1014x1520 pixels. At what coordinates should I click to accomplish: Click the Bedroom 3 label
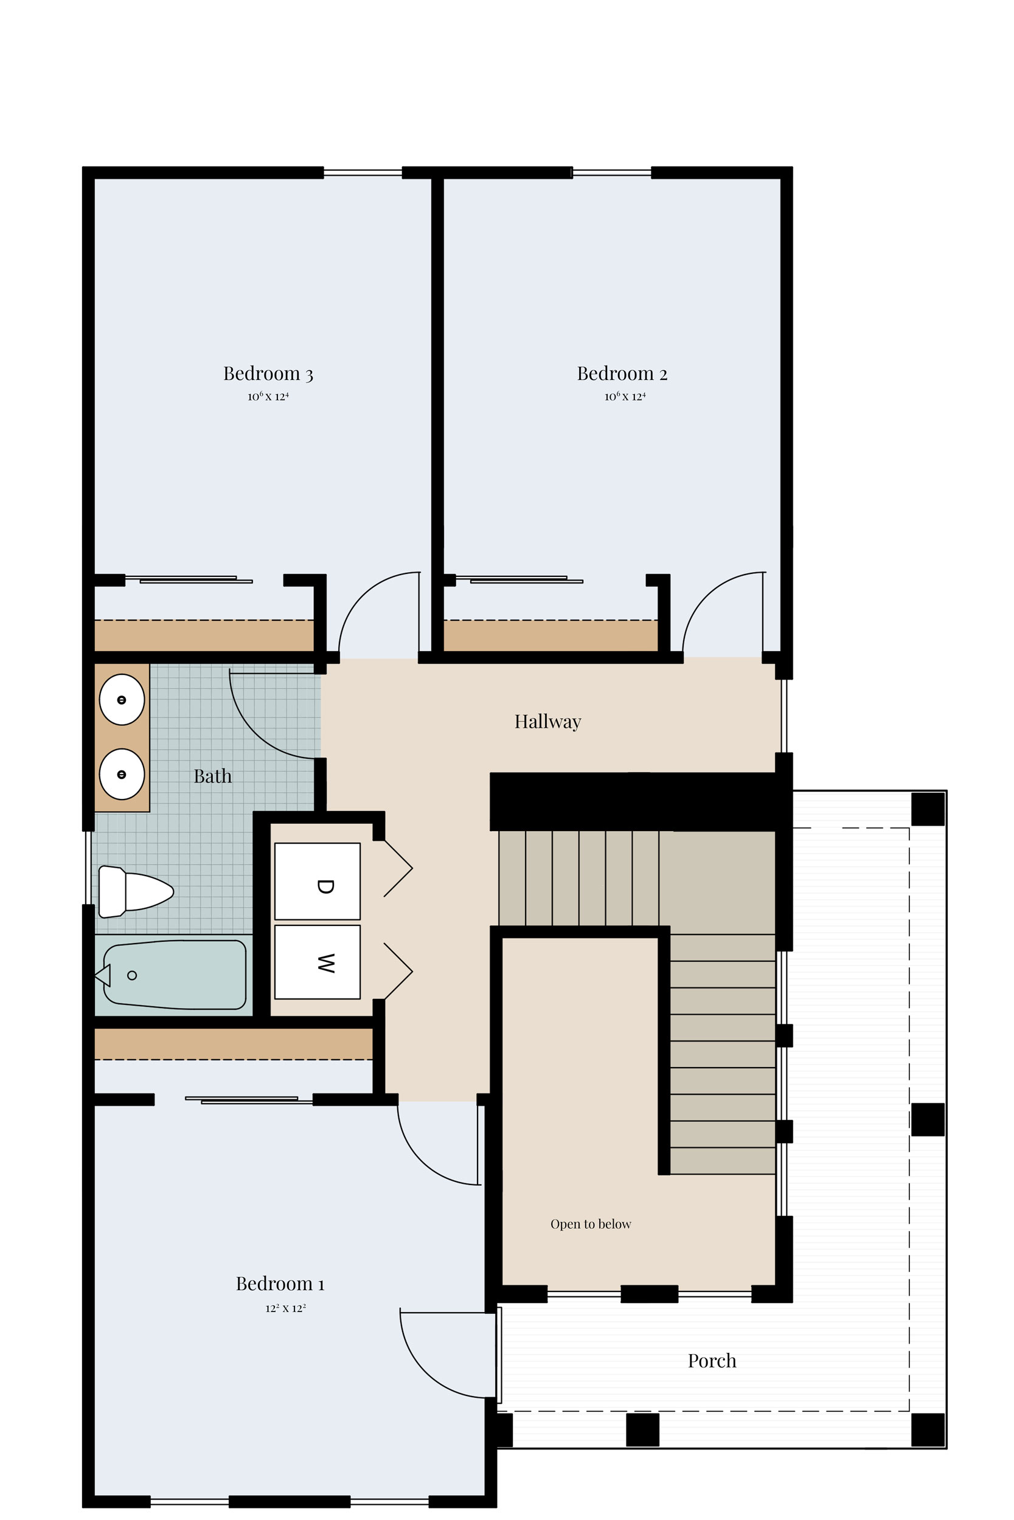click(x=268, y=373)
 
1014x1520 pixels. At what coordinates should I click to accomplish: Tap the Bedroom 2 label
click(x=622, y=373)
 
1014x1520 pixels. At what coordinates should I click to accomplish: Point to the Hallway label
click(x=547, y=721)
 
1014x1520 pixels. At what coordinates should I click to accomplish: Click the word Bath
click(x=213, y=776)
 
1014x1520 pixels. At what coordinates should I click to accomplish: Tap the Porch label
click(x=712, y=1361)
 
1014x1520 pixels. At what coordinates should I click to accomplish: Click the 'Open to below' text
click(x=591, y=1224)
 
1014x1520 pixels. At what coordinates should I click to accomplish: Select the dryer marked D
click(x=318, y=881)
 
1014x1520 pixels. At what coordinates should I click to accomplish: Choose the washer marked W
click(x=318, y=962)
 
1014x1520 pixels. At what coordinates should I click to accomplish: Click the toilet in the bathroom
click(x=136, y=892)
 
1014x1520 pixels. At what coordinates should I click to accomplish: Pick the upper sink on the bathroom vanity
click(x=122, y=700)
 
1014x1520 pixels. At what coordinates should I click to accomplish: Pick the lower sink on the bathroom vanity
click(x=122, y=774)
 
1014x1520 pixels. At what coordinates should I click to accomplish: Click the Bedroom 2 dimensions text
click(x=625, y=396)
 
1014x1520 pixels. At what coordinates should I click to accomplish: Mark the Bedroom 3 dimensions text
click(x=268, y=396)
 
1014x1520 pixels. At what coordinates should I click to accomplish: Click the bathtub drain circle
click(x=132, y=975)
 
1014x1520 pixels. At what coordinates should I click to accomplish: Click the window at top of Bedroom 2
click(x=611, y=173)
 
